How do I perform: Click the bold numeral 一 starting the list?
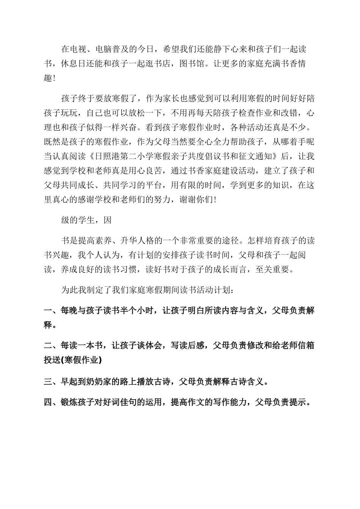coord(48,311)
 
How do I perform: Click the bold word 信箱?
coord(306,346)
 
